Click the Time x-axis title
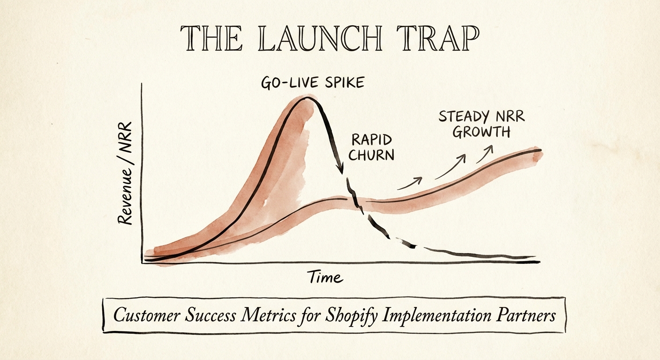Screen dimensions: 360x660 coord(325,277)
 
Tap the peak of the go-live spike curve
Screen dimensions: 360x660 coord(307,97)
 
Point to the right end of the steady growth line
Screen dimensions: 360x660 coord(540,150)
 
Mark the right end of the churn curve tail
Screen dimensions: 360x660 coord(534,257)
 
